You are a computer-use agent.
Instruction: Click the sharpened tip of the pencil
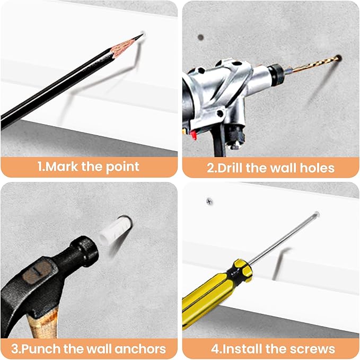pyautogui.click(x=143, y=34)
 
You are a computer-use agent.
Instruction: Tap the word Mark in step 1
pyautogui.click(x=62, y=166)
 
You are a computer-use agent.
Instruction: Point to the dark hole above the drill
pyautogui.click(x=200, y=37)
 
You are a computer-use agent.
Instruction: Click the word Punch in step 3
pyautogui.click(x=41, y=349)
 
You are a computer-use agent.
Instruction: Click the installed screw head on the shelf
pyautogui.click(x=209, y=201)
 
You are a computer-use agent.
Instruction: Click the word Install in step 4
pyautogui.click(x=241, y=349)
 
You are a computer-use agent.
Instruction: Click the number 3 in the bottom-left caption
pyautogui.click(x=15, y=349)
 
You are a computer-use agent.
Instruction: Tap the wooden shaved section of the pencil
pyautogui.click(x=122, y=47)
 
